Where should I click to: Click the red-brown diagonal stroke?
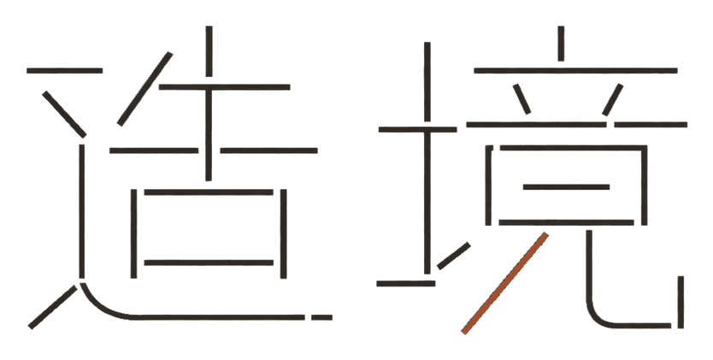[504, 283]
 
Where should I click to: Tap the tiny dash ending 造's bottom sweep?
[321, 317]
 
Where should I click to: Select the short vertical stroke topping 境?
[561, 44]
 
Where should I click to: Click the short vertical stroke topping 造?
[209, 51]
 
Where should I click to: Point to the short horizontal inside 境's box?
[566, 186]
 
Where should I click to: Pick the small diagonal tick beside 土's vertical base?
[454, 256]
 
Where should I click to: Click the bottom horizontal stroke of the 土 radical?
[405, 284]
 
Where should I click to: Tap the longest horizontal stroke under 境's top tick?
[575, 70]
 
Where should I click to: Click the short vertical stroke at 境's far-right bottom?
[681, 302]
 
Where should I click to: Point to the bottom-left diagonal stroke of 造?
[53, 307]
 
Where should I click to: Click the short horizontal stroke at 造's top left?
[65, 70]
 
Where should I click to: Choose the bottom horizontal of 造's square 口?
[209, 263]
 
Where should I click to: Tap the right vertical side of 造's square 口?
[283, 233]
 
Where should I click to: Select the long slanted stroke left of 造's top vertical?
[145, 89]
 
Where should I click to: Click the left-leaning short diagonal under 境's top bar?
[522, 99]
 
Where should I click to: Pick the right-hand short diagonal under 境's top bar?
[612, 99]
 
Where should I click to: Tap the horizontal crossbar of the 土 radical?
[417, 129]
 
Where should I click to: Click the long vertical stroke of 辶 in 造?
[82, 211]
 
